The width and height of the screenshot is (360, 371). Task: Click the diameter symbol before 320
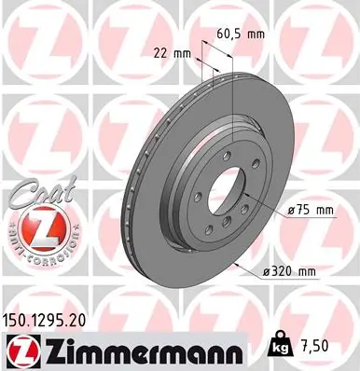(259, 271)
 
